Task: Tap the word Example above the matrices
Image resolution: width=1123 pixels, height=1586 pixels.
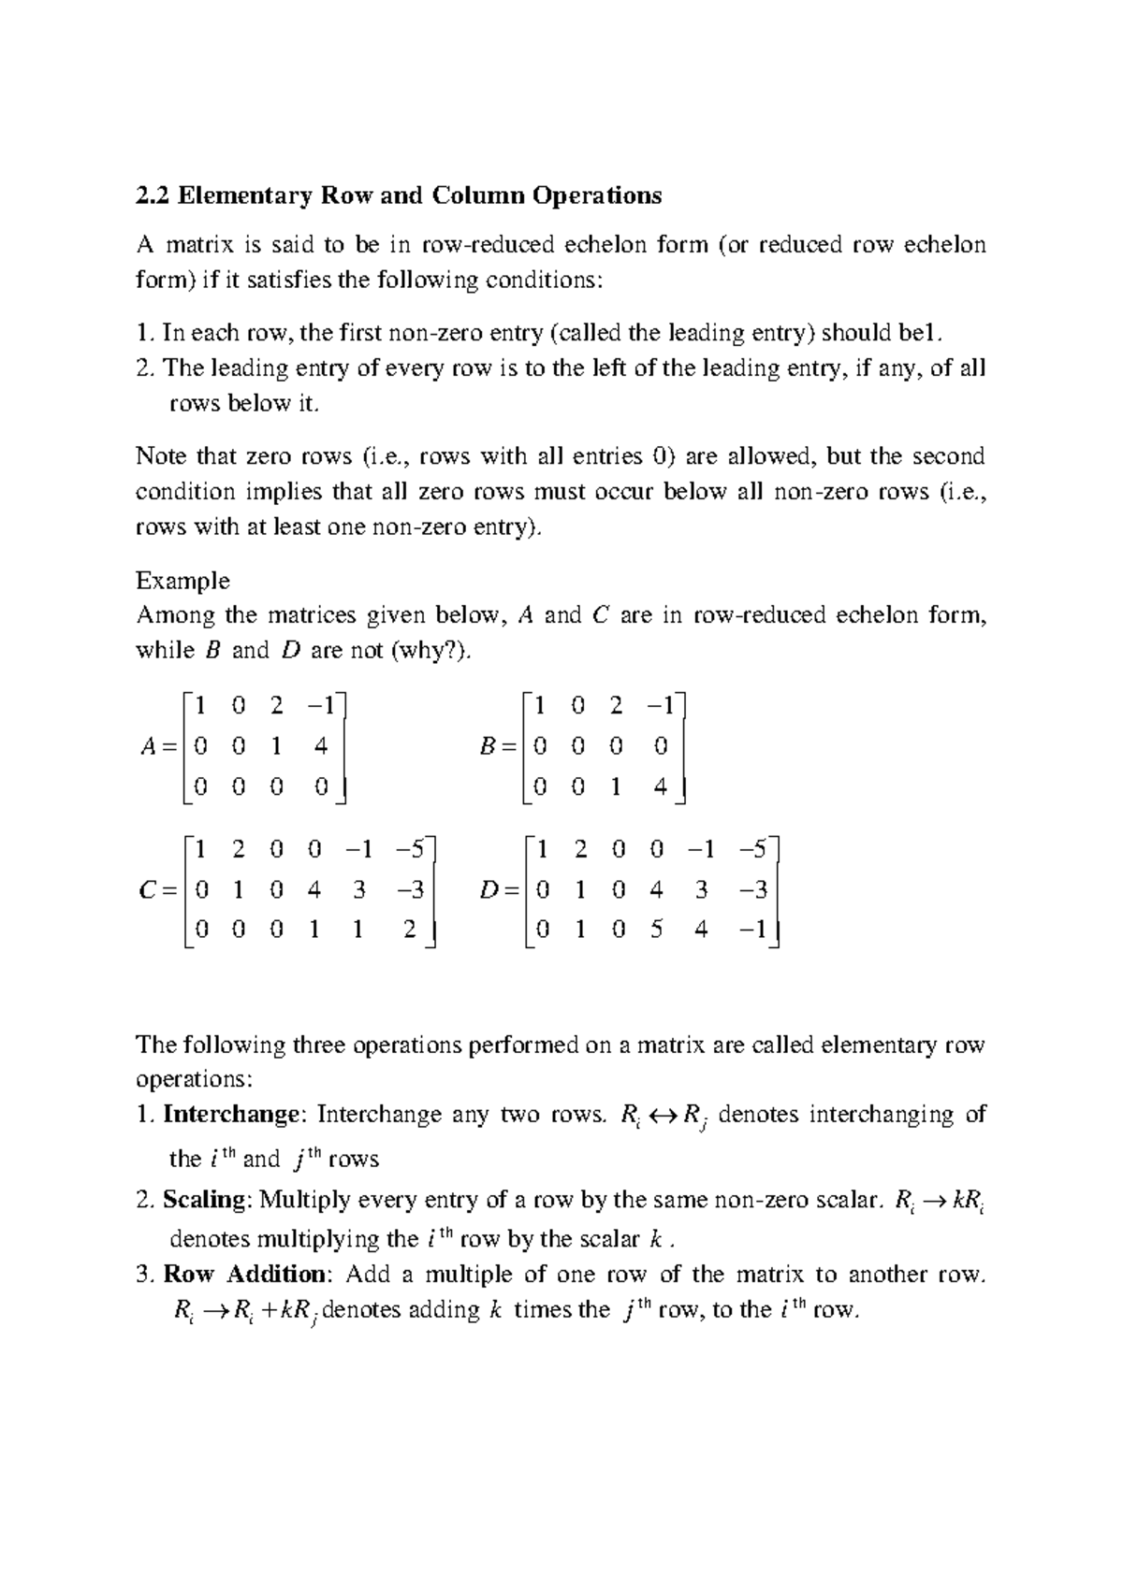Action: coord(182,581)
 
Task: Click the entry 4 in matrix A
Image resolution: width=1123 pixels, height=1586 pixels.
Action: coord(321,747)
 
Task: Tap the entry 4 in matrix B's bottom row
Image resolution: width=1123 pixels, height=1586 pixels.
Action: coord(661,787)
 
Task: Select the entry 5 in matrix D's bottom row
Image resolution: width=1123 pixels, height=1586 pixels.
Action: coord(657,930)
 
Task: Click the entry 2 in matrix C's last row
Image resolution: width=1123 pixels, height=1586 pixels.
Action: coord(409,930)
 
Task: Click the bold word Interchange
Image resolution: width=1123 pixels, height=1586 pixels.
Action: coord(231,1115)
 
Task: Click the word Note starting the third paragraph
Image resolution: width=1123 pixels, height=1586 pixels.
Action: coord(161,456)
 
